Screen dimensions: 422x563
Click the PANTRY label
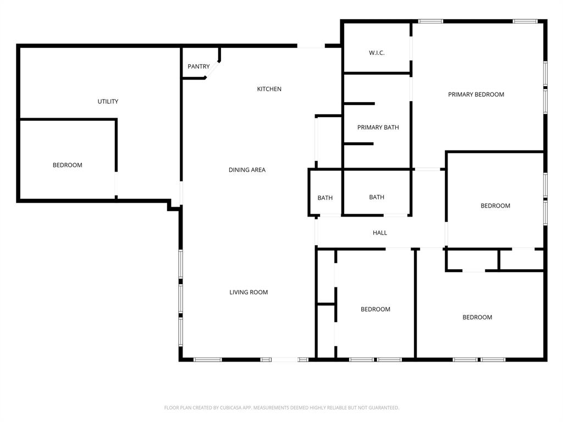(198, 66)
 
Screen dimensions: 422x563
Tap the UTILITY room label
(108, 102)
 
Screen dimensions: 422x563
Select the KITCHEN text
(269, 89)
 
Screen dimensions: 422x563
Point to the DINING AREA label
(247, 170)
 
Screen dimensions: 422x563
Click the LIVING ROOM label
(249, 292)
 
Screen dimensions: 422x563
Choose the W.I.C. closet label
(377, 53)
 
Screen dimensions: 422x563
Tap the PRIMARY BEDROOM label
(476, 95)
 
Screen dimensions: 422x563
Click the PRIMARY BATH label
(378, 127)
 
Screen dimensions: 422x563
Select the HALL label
(380, 233)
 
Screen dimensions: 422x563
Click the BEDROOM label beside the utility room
(68, 165)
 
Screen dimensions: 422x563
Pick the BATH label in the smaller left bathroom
(325, 198)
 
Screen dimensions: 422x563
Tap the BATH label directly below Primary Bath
(377, 197)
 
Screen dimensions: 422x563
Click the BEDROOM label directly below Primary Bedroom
(495, 206)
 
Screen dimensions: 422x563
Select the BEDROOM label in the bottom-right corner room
(477, 317)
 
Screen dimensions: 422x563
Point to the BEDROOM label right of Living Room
(376, 309)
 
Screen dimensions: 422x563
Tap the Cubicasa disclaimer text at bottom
(281, 408)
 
